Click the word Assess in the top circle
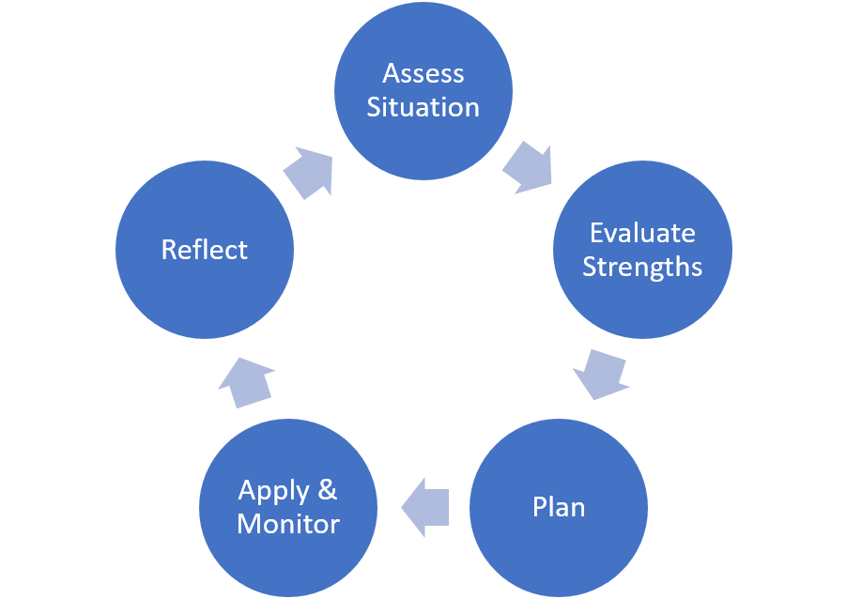click(423, 73)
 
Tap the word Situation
click(423, 107)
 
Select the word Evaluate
click(642, 234)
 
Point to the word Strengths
click(642, 267)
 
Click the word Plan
click(559, 507)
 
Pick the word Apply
click(274, 492)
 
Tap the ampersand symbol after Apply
click(328, 490)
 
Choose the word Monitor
click(288, 524)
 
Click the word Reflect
click(204, 250)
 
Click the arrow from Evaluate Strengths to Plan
click(601, 375)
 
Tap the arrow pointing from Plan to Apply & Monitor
click(425, 507)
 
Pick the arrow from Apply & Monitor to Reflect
click(246, 382)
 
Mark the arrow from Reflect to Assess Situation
click(308, 173)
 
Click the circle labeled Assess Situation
click(423, 91)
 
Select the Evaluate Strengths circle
click(643, 250)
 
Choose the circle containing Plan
click(559, 508)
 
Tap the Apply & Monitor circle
click(288, 508)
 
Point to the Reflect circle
click(205, 250)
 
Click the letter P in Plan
click(540, 507)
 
